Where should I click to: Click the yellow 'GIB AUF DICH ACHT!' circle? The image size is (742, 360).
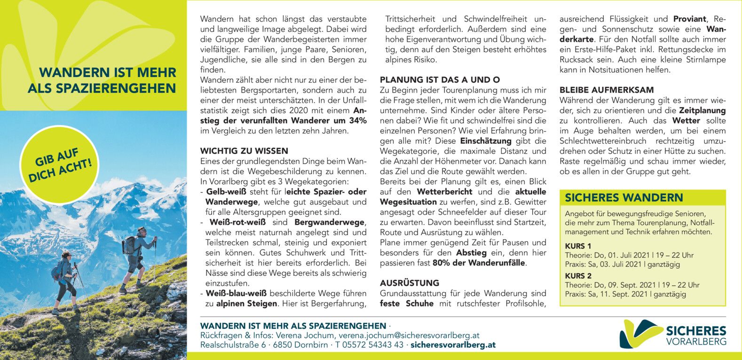click(x=60, y=165)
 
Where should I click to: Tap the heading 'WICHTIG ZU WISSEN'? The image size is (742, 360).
click(x=244, y=151)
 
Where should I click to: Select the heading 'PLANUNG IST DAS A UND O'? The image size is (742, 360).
click(x=440, y=80)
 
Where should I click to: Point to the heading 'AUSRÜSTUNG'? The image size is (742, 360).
click(x=410, y=283)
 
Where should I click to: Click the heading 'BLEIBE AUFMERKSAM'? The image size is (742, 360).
click(x=607, y=90)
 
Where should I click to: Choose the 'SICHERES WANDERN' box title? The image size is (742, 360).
click(x=624, y=198)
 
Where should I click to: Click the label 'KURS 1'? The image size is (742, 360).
click(x=578, y=246)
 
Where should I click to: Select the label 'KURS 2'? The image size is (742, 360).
click(x=578, y=276)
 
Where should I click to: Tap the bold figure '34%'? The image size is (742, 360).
click(x=357, y=121)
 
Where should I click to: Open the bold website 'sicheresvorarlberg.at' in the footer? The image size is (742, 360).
click(x=453, y=345)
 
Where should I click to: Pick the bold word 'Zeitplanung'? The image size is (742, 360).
click(x=699, y=110)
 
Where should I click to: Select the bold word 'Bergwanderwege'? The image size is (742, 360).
click(x=329, y=222)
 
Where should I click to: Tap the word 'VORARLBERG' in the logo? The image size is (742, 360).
click(x=696, y=342)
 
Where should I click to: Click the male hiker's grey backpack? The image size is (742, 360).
click(x=130, y=245)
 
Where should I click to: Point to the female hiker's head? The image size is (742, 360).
click(x=66, y=254)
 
